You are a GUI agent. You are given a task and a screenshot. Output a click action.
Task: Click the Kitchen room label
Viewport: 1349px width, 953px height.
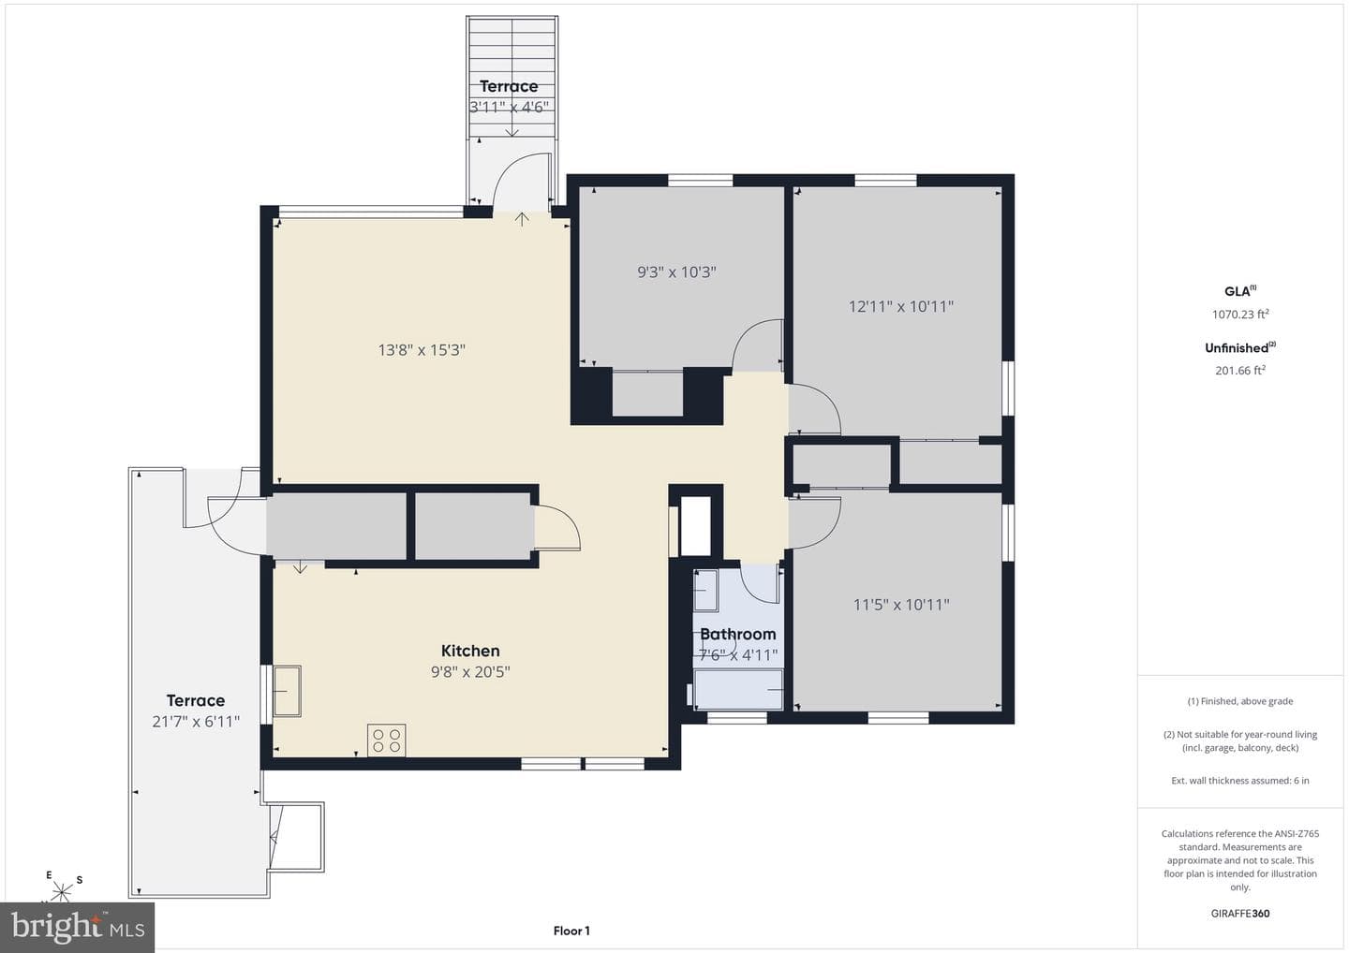click(x=470, y=651)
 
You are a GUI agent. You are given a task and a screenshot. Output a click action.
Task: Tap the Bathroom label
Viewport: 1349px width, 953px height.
click(x=738, y=634)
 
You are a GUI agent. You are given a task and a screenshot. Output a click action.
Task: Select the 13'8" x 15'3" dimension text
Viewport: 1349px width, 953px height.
click(x=422, y=350)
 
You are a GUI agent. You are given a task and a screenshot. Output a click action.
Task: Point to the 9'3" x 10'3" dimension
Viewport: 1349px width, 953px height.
click(x=677, y=272)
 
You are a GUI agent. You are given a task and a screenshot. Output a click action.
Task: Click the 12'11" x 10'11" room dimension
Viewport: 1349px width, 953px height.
click(x=901, y=307)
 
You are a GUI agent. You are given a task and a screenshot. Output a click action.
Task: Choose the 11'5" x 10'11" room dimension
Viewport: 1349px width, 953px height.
click(x=901, y=605)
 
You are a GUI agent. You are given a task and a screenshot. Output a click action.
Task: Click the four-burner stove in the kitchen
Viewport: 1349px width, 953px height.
click(x=387, y=740)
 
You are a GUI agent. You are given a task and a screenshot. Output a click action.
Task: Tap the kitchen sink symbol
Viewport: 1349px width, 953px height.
click(x=288, y=691)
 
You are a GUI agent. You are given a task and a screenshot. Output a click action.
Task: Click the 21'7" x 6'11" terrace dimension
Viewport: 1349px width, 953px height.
click(x=196, y=722)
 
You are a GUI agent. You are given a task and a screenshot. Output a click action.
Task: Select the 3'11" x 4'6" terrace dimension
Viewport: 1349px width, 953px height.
click(x=509, y=107)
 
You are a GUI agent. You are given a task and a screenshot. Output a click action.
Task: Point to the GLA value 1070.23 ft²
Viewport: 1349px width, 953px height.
click(x=1240, y=314)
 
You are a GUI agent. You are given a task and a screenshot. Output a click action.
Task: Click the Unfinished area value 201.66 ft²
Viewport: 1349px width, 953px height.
click(x=1240, y=370)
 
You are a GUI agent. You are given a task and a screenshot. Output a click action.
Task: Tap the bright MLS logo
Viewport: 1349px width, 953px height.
click(x=78, y=927)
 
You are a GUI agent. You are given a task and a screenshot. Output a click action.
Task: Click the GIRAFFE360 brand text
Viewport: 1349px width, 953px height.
click(x=1240, y=914)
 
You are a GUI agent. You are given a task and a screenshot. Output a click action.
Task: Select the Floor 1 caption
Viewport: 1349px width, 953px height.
click(x=571, y=931)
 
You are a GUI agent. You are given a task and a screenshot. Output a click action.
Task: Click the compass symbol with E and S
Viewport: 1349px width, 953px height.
click(x=62, y=888)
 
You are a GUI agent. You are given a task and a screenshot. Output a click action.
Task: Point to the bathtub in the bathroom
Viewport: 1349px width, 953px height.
click(x=738, y=690)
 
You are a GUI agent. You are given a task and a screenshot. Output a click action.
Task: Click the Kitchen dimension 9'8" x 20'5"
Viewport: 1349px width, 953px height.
click(x=470, y=672)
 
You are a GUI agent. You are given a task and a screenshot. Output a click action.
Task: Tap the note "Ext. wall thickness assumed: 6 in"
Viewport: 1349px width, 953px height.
click(x=1240, y=781)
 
